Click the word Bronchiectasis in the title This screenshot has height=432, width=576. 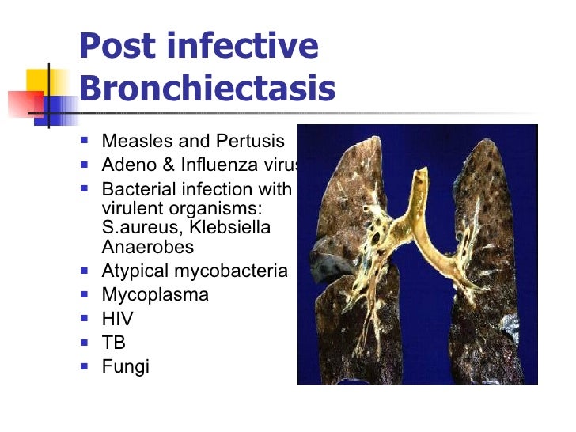coord(207,89)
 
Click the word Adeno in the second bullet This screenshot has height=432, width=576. coord(127,165)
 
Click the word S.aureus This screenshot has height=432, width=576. coord(136,228)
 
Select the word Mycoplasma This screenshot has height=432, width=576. coord(155,295)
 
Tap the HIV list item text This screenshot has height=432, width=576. coord(117,319)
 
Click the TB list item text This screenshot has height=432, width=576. coord(114,343)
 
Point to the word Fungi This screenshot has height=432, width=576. coord(125,366)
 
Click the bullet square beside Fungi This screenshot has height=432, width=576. coord(85,366)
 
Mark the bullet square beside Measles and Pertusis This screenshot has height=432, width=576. coord(85,141)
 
